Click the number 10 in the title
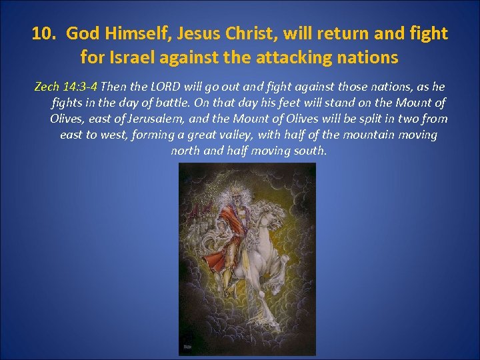(x=43, y=33)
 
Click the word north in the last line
(x=186, y=151)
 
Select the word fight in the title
(x=430, y=33)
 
